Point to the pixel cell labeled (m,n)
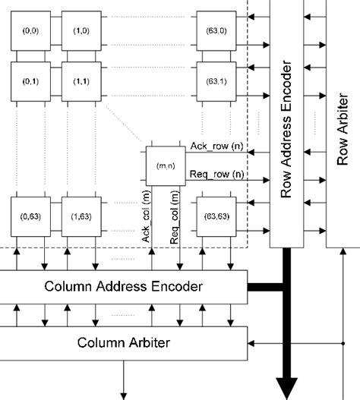pyautogui.click(x=163, y=165)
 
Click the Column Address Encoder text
pyautogui.click(x=124, y=286)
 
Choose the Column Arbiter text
pyautogui.click(x=124, y=342)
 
